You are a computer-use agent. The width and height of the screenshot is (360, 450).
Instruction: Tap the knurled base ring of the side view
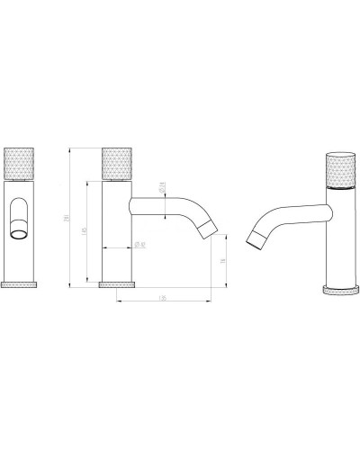pos(116,284)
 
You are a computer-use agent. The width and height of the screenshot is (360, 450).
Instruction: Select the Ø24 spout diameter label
pos(161,187)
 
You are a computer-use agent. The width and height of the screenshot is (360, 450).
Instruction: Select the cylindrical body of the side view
pos(116,234)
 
